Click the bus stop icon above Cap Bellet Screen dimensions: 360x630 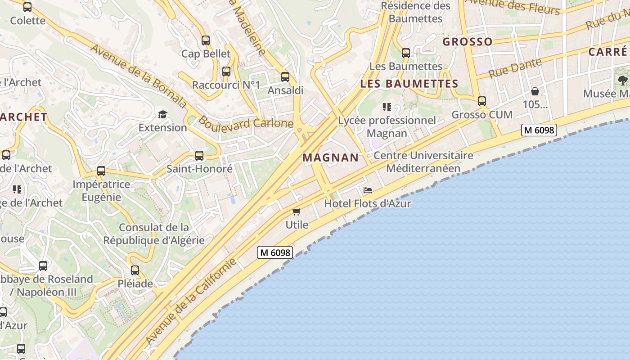click(206, 40)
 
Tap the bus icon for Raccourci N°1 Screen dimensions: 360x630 click(226, 72)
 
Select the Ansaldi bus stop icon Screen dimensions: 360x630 click(285, 77)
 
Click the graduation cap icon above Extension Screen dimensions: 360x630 click(162, 114)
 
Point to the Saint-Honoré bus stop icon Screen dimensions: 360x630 click(199, 156)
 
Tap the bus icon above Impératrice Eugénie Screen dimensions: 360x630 click(101, 171)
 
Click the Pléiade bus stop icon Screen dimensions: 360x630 click(135, 270)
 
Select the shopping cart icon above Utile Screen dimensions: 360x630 click(296, 211)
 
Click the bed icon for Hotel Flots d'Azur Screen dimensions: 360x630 click(368, 190)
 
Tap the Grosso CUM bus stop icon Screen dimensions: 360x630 click(482, 101)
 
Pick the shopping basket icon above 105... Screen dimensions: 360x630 click(535, 91)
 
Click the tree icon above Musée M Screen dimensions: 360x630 click(623, 81)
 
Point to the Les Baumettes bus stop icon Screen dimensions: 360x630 click(406, 53)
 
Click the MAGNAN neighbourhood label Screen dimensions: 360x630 click(331, 158)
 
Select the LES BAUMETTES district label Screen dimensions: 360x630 click(409, 84)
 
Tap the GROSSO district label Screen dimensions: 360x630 click(468, 42)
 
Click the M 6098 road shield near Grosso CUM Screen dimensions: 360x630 click(539, 130)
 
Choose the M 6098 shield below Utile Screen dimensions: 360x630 click(275, 252)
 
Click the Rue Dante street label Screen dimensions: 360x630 click(515, 67)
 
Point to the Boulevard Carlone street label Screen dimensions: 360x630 click(246, 122)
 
